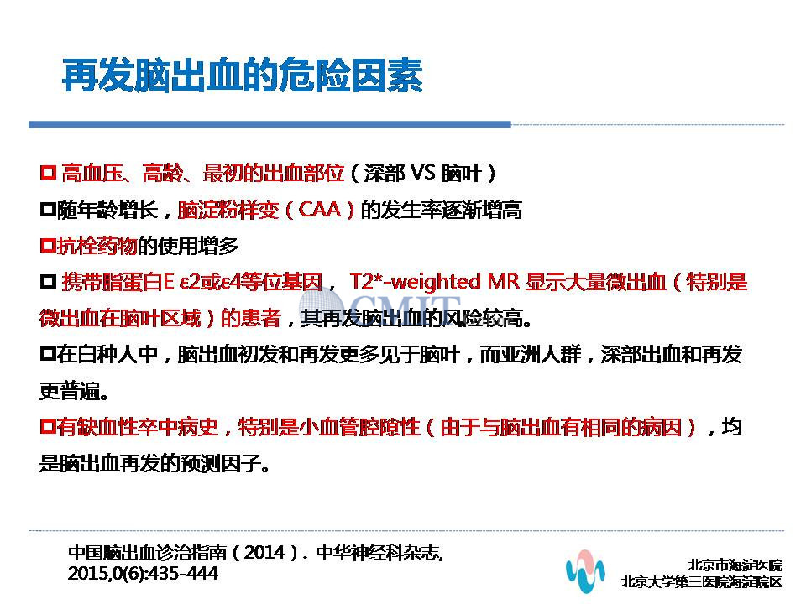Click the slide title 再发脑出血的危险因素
[x=242, y=75]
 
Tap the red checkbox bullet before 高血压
[x=49, y=172]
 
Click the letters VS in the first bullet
[x=422, y=173]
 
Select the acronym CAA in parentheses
[x=319, y=210]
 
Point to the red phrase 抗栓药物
[x=97, y=246]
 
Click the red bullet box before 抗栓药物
[x=48, y=245]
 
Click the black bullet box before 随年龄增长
[x=48, y=209]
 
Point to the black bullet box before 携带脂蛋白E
[x=49, y=281]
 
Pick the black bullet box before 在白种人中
[x=48, y=353]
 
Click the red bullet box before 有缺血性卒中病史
[x=48, y=426]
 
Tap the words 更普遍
[x=70, y=392]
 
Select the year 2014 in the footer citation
[x=264, y=553]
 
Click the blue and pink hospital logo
[x=585, y=570]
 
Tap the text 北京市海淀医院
[x=735, y=565]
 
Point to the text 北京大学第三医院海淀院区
[x=702, y=581]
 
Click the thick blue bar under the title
[x=270, y=124]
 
